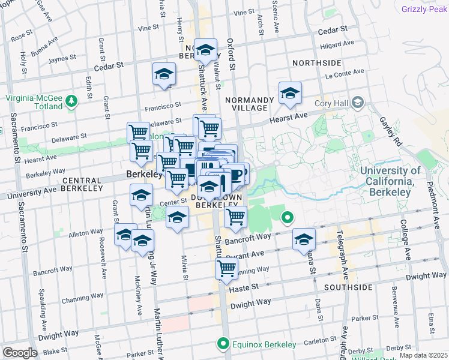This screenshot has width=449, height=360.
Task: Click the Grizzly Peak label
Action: point(425,9)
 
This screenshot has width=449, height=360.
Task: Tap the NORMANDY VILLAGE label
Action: point(246,103)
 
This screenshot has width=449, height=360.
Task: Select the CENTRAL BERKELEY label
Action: point(82,181)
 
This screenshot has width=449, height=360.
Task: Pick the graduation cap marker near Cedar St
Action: point(164,74)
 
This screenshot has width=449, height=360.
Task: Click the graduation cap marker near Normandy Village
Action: point(290,93)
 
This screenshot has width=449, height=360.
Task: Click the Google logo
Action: point(20,353)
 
